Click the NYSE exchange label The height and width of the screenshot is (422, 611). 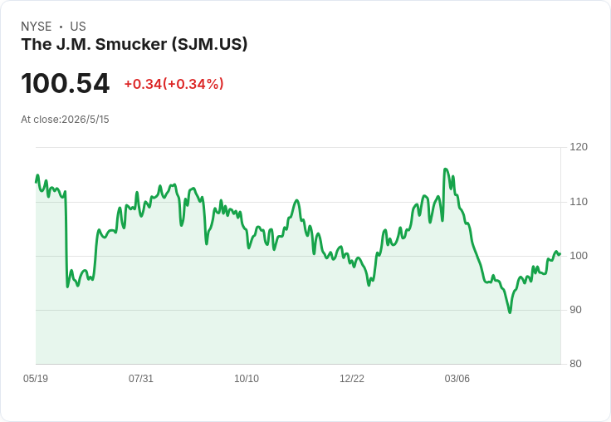pyautogui.click(x=37, y=27)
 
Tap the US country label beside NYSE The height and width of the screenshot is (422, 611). pyautogui.click(x=78, y=27)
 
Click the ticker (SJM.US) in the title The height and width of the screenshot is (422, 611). pyautogui.click(x=210, y=44)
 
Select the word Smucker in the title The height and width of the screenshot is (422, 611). pyautogui.click(x=131, y=44)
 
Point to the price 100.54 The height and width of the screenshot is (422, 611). pyautogui.click(x=66, y=83)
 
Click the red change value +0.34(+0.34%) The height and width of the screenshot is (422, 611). pyautogui.click(x=174, y=84)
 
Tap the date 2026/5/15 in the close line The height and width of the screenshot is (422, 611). pyautogui.click(x=86, y=120)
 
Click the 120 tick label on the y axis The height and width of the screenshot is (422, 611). pyautogui.click(x=579, y=147)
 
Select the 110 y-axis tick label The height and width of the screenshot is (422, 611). pyautogui.click(x=579, y=202)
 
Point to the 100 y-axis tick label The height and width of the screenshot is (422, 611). pyautogui.click(x=579, y=256)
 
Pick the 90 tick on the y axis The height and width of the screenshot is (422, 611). pyautogui.click(x=575, y=310)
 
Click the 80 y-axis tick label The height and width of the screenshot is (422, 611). pyautogui.click(x=575, y=364)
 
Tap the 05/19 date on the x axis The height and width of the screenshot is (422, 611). pyautogui.click(x=36, y=379)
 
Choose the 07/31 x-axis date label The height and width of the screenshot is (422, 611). pyautogui.click(x=141, y=379)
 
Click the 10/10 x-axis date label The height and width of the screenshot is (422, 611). pyautogui.click(x=247, y=379)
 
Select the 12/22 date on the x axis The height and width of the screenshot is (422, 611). pyautogui.click(x=352, y=379)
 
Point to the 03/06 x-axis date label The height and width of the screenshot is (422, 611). pyautogui.click(x=457, y=379)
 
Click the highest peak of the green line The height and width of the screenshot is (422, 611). pyautogui.click(x=445, y=169)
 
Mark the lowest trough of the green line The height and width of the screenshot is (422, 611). pyautogui.click(x=510, y=312)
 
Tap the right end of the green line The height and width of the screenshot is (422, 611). pyautogui.click(x=560, y=254)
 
